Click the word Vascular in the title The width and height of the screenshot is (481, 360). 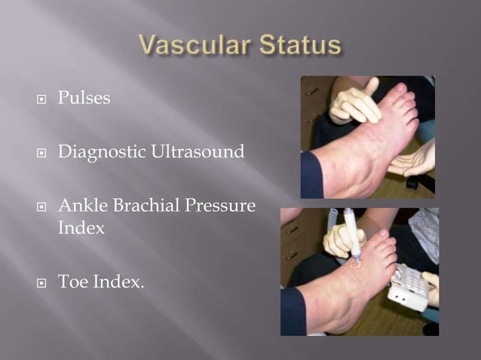(x=191, y=46)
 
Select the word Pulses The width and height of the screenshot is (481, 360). (x=84, y=99)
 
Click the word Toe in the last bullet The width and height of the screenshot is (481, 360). (x=73, y=282)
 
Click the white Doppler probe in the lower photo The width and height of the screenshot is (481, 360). (x=351, y=234)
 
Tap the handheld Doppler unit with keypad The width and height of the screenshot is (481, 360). (x=407, y=285)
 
